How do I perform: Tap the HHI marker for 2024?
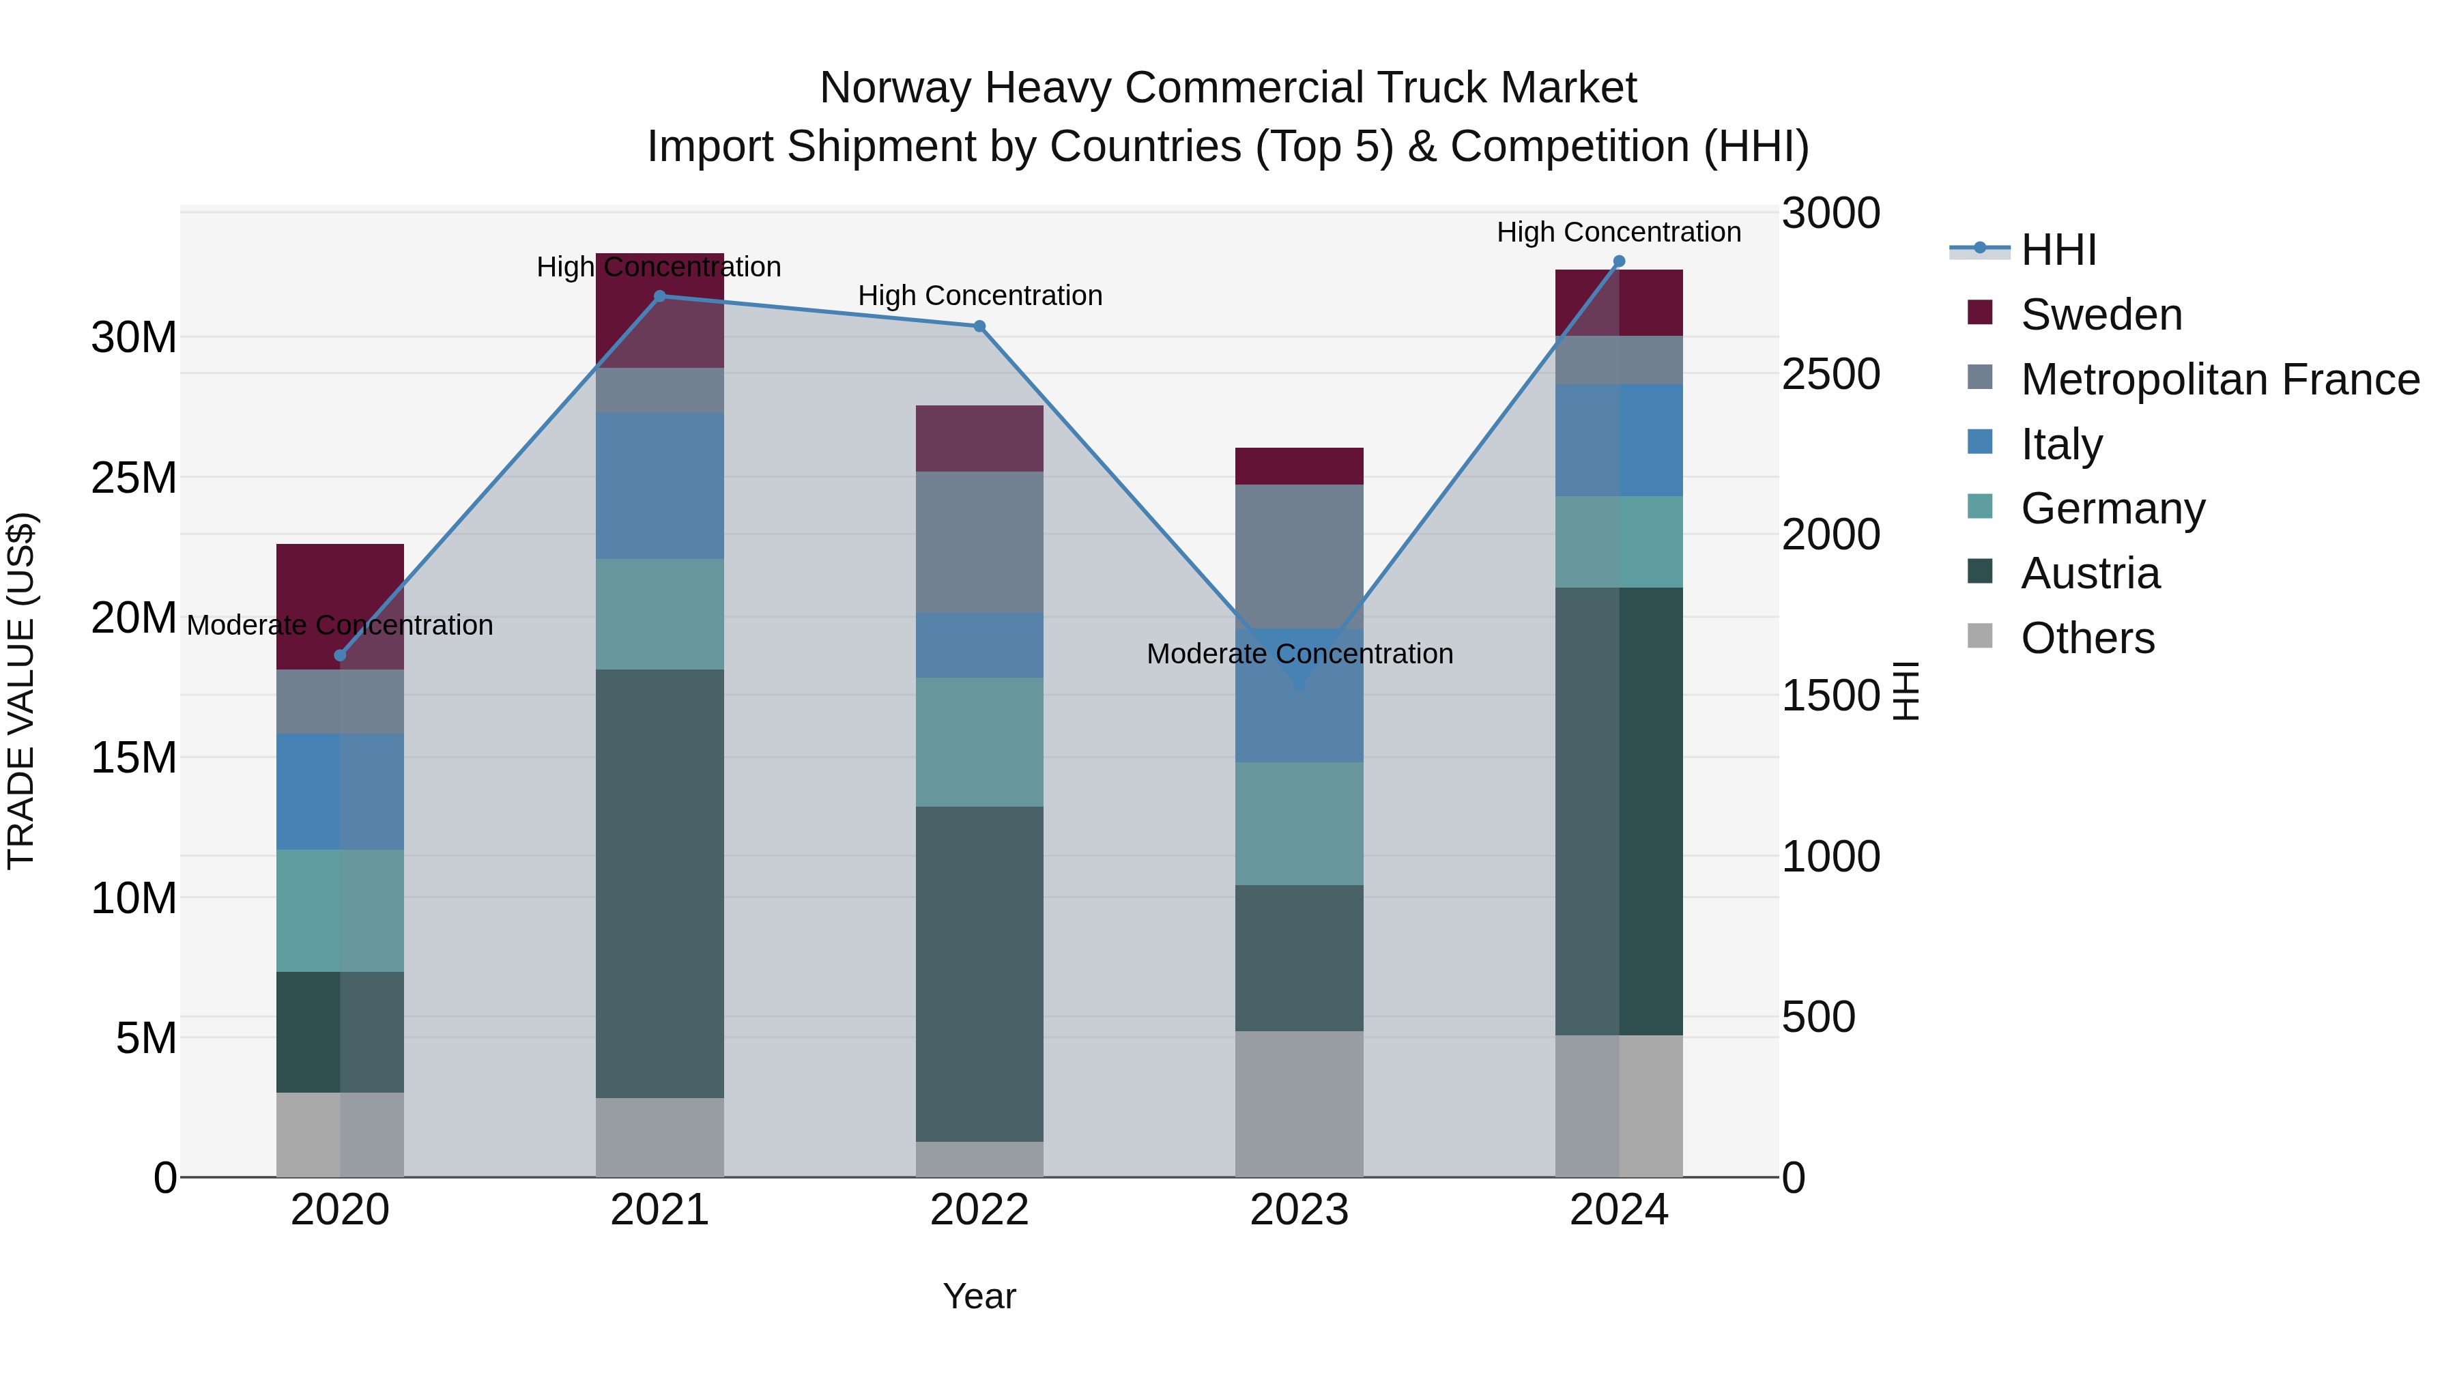[x=1619, y=261]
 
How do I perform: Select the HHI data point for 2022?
[x=979, y=326]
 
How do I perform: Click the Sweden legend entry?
[x=2100, y=315]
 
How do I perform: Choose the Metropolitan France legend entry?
[x=2219, y=379]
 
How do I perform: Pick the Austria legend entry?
[x=2089, y=573]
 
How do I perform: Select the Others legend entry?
[x=2087, y=638]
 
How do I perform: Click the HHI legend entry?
[x=2057, y=250]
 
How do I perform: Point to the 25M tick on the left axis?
[x=134, y=478]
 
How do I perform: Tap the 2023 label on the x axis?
[x=1299, y=1210]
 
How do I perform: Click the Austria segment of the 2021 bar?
[x=659, y=883]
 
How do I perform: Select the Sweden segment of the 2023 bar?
[x=1299, y=466]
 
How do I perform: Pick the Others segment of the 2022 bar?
[x=979, y=1159]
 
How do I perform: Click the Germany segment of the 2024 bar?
[x=1619, y=542]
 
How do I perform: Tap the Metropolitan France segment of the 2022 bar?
[x=979, y=542]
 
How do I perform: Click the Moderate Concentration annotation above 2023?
[x=1299, y=654]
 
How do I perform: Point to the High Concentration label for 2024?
[x=1619, y=232]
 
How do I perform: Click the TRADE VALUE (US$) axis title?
[x=21, y=691]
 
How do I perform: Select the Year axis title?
[x=979, y=1296]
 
